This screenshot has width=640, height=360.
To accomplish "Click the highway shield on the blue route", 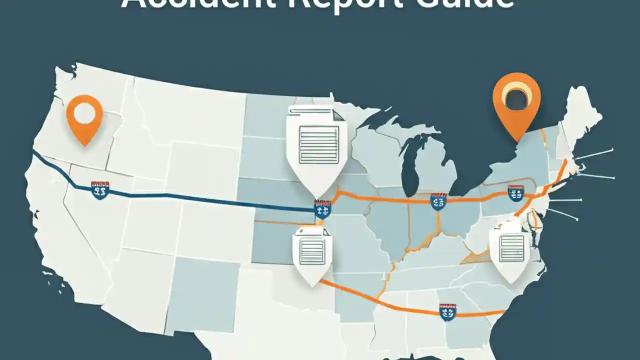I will [x=100, y=190].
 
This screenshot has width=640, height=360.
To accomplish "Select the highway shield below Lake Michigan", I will [x=438, y=201].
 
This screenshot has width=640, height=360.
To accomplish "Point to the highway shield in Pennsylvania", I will [x=515, y=193].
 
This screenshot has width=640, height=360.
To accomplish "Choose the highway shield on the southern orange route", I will [x=447, y=311].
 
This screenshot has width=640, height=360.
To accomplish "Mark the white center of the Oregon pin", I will [x=84, y=112].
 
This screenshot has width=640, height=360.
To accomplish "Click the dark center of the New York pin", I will [x=516, y=97].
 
